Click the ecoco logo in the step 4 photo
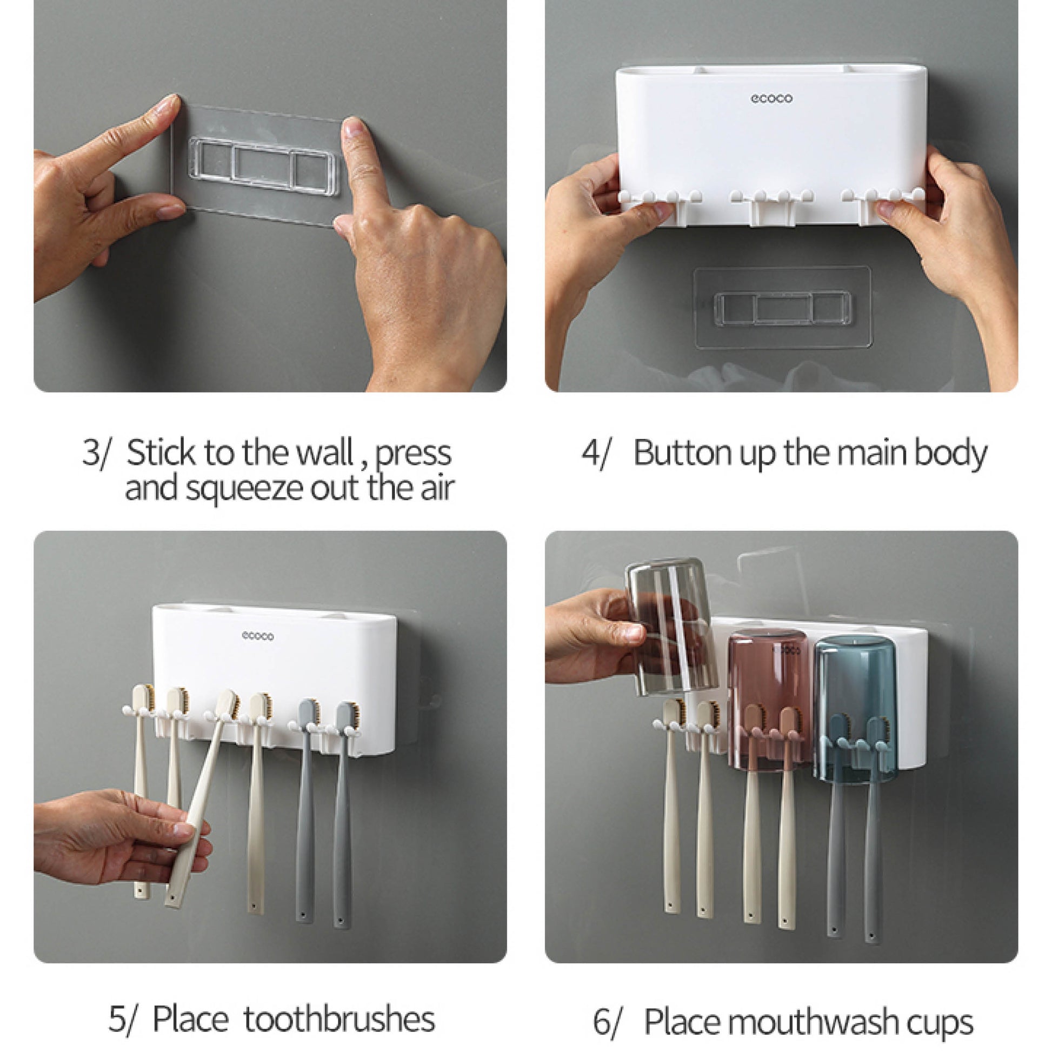point(771,98)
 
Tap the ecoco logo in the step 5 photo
point(257,636)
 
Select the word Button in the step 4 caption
point(683,452)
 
